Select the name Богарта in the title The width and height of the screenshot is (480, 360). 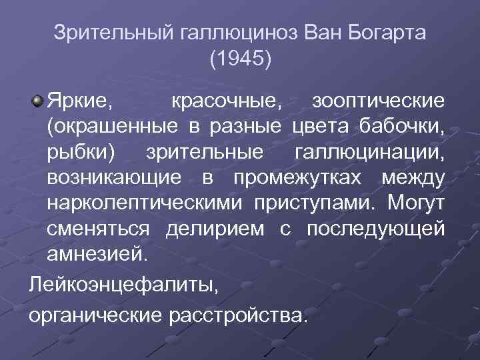click(380, 33)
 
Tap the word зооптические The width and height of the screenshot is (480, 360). click(378, 102)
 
